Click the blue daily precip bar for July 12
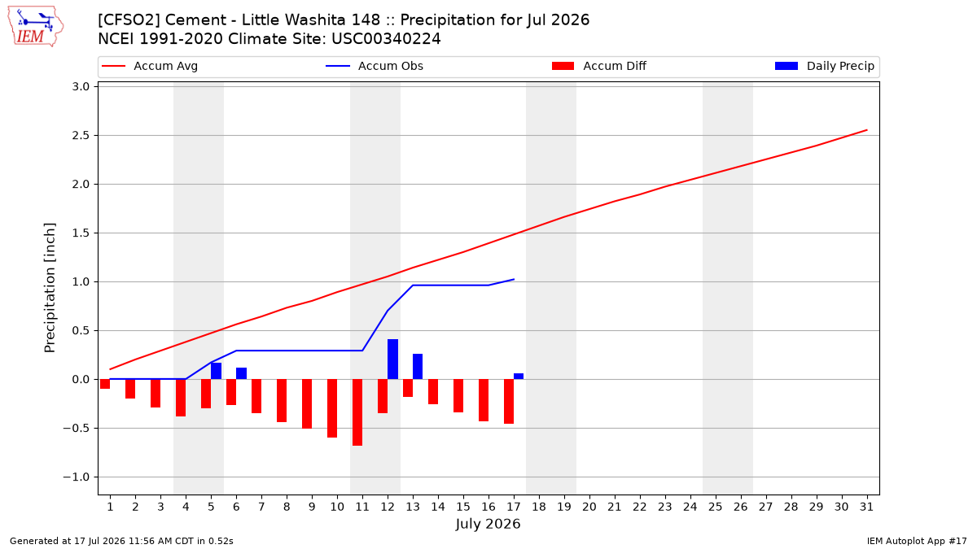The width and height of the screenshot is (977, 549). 392,359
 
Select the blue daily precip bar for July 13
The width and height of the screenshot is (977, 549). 418,367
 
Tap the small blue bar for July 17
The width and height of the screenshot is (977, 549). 519,377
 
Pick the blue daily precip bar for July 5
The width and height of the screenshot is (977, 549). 216,371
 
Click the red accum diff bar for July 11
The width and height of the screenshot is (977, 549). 357,412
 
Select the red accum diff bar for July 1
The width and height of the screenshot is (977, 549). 105,384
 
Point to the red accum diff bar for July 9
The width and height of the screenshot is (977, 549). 307,404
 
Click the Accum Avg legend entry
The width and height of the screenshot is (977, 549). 150,66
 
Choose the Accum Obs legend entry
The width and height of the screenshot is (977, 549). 375,66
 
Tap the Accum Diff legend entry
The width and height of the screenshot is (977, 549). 599,66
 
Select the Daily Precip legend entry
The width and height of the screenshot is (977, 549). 824,66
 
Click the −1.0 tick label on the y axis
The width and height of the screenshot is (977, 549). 77,477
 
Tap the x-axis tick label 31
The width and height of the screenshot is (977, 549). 866,507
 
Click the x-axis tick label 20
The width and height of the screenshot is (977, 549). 589,507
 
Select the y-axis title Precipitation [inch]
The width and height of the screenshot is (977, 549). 50,288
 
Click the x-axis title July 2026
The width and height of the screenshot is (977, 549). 488,524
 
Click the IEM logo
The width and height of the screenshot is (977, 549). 35,27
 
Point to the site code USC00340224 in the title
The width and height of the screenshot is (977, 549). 386,39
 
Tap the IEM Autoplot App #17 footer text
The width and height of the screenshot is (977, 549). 917,541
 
